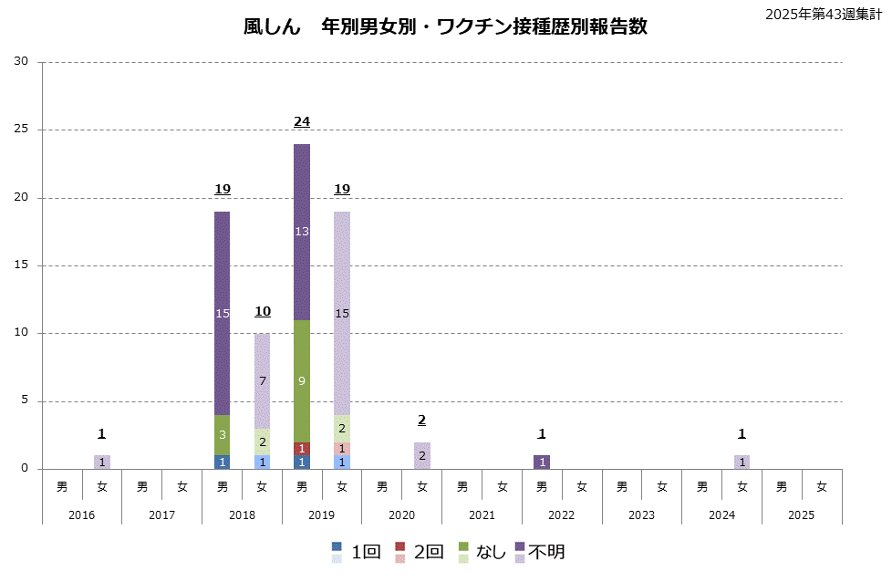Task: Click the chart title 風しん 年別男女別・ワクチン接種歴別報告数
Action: point(445,26)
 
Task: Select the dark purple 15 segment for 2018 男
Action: point(223,313)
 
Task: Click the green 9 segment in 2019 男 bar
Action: point(302,381)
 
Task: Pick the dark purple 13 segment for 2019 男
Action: point(302,232)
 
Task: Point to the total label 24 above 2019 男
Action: point(302,121)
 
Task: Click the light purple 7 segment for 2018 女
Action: point(262,380)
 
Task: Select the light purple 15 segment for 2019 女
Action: point(342,313)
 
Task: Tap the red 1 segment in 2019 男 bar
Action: point(302,449)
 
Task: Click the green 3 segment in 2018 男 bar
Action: point(223,435)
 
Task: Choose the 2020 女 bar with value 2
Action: point(422,455)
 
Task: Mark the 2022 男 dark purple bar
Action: point(542,462)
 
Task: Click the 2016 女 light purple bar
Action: point(102,462)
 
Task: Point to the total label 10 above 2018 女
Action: point(262,311)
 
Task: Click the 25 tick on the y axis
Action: point(21,130)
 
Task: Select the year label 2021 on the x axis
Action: point(482,514)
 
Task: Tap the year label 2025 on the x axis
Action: point(802,514)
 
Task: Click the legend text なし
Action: point(488,552)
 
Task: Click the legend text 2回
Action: point(428,552)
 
